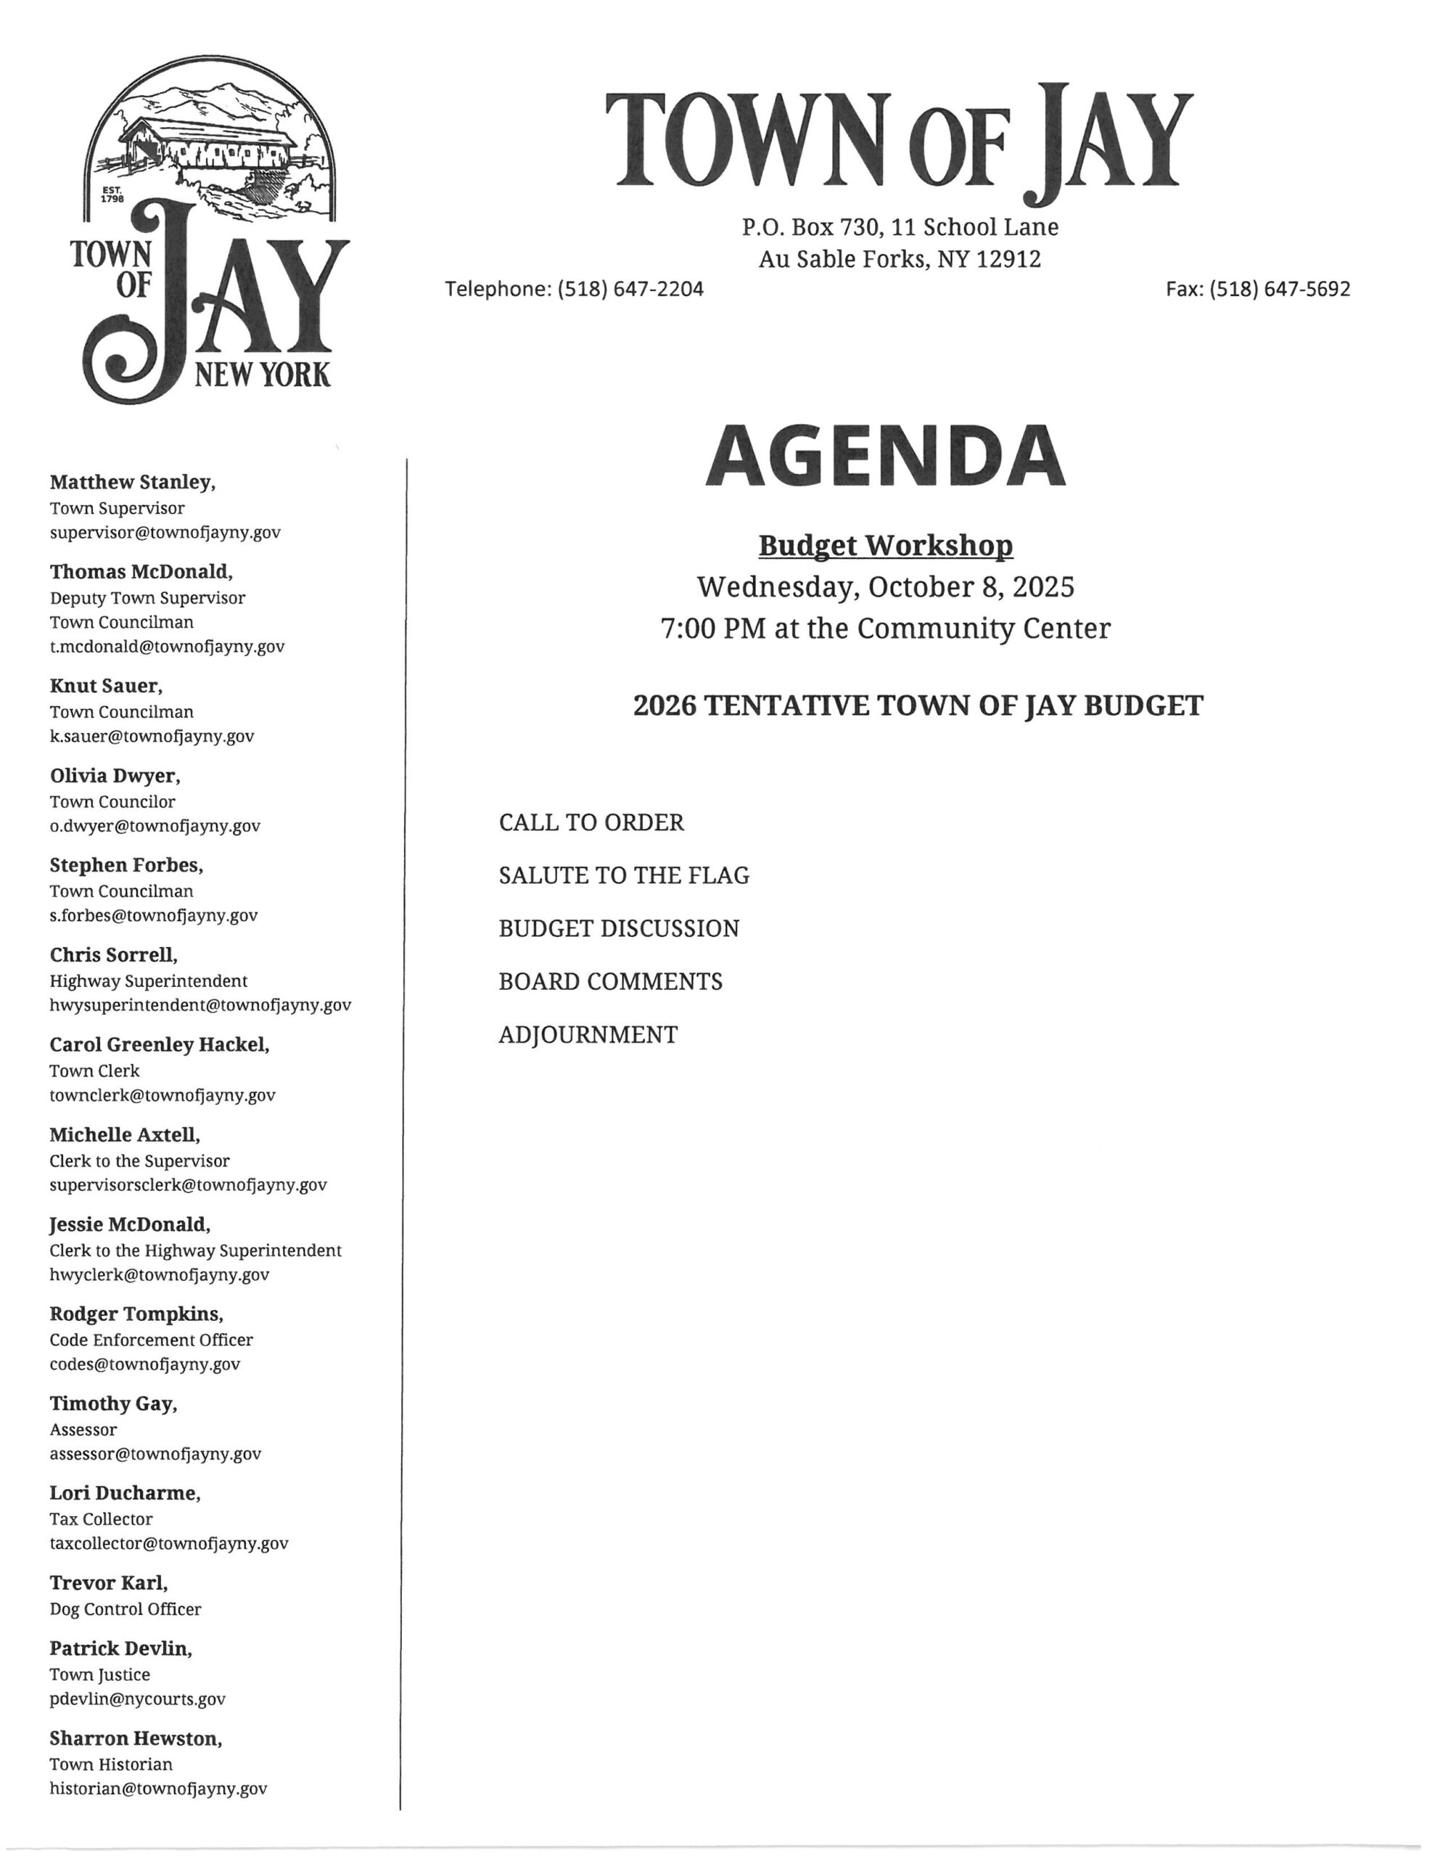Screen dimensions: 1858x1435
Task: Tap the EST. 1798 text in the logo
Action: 112,195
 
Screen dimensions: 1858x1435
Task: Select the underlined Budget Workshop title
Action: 886,545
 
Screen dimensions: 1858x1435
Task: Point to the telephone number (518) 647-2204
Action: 630,290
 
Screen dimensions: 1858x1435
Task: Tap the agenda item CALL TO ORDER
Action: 591,822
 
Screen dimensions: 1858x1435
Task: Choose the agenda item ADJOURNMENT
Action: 588,1034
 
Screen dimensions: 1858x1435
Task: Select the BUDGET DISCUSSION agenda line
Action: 618,928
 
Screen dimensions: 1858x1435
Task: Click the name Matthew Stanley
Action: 132,483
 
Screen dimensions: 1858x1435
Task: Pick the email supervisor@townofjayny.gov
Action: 165,533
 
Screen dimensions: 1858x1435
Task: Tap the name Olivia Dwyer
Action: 115,776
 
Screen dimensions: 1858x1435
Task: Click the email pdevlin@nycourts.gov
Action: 138,1699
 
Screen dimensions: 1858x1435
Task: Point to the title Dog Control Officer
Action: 125,1609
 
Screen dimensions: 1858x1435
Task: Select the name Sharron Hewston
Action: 135,1738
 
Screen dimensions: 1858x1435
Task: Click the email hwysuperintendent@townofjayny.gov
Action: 200,1004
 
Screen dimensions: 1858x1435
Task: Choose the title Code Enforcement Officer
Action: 151,1340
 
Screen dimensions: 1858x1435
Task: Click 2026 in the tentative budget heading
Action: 665,705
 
